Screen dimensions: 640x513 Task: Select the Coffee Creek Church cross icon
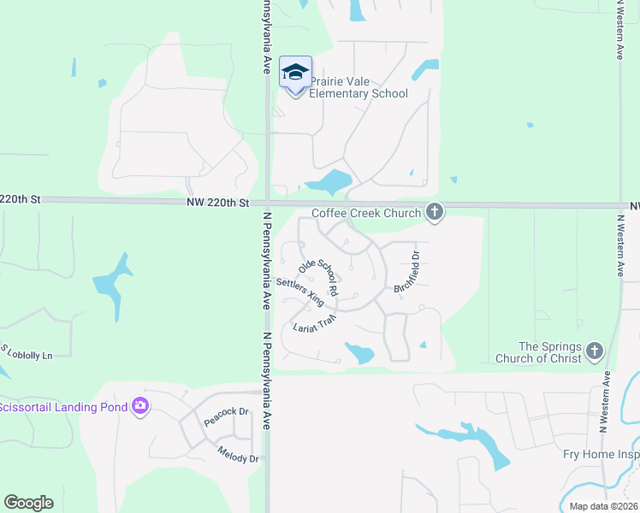435,212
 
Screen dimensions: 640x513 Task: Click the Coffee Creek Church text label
366,213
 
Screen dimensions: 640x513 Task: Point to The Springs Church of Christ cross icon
595,351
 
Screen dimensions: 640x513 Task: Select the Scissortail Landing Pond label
62,407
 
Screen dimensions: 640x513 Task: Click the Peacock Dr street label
226,417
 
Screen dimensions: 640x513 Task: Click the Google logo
28,503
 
